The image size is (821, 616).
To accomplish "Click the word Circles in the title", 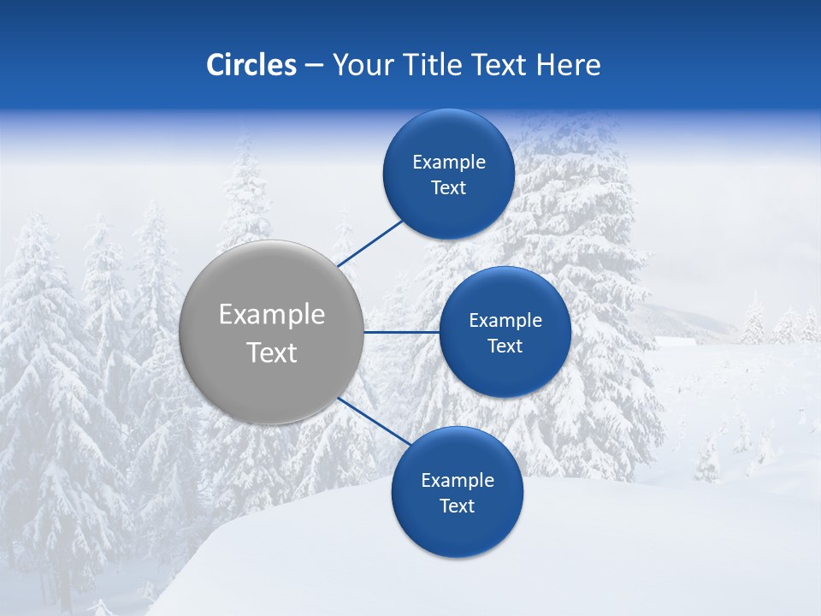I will [251, 65].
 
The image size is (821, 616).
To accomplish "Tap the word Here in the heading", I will [568, 65].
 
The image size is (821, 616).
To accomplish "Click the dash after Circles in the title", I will [314, 66].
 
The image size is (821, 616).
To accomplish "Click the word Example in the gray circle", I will [272, 314].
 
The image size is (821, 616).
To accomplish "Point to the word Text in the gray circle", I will [272, 352].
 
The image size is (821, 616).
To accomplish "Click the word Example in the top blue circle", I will [449, 162].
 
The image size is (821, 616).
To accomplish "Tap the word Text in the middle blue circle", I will [505, 346].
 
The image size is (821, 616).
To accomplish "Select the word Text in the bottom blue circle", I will [457, 506].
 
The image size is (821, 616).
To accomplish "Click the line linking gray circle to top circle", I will [370, 242].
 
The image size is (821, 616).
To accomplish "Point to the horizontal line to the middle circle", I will [402, 332].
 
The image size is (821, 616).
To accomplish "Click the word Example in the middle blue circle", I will [505, 320].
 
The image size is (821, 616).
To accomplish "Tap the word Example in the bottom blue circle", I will [458, 480].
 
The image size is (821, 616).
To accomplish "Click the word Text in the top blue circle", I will [448, 187].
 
